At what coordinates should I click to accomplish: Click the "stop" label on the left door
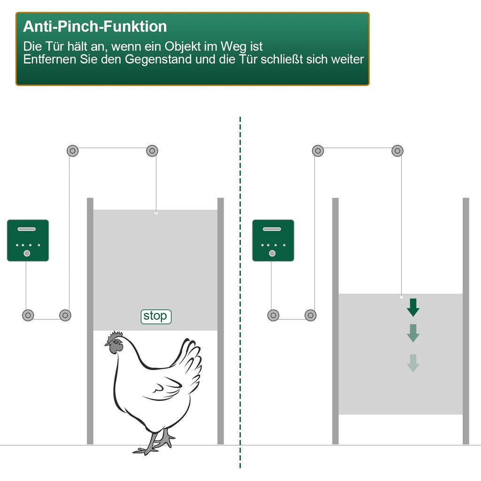pyautogui.click(x=156, y=316)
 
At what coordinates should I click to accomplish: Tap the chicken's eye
pyautogui.click(x=116, y=342)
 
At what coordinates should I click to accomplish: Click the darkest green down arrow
pyautogui.click(x=413, y=307)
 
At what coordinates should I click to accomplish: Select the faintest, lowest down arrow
pyautogui.click(x=413, y=363)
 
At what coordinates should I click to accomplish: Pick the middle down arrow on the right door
pyautogui.click(x=413, y=333)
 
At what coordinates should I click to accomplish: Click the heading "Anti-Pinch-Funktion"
pyautogui.click(x=95, y=26)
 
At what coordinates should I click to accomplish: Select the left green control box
pyautogui.click(x=28, y=240)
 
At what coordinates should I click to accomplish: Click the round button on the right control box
pyautogui.click(x=272, y=253)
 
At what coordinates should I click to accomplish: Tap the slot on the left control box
pyautogui.click(x=27, y=229)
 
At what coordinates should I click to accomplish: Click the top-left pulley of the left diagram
pyautogui.click(x=73, y=151)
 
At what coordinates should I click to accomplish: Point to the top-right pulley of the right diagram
pyautogui.click(x=397, y=151)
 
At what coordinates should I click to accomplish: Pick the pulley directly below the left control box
pyautogui.click(x=28, y=315)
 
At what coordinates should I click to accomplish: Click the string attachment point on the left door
pyautogui.click(x=156, y=213)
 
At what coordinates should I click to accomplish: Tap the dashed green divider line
pyautogui.click(x=240, y=292)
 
